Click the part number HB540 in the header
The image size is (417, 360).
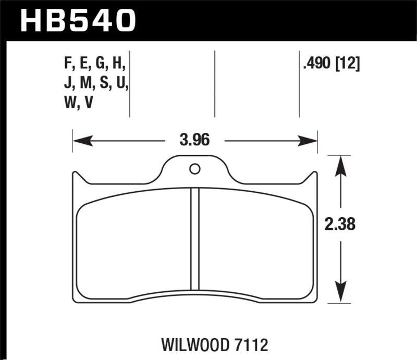pos(78,20)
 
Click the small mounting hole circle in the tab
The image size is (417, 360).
pos(194,168)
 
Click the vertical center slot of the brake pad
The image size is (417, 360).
pos(195,239)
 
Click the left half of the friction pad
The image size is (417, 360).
pos(133,242)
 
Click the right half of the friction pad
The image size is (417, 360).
pos(255,242)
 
